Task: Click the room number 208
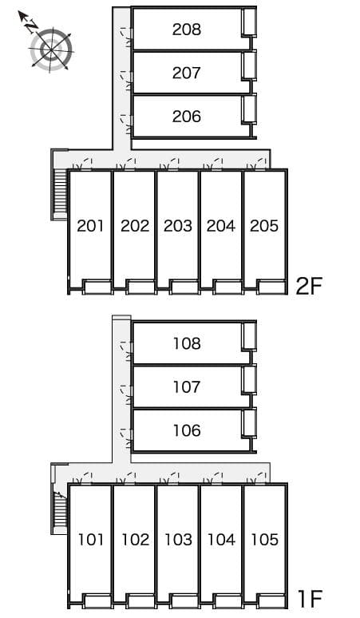[x=186, y=30]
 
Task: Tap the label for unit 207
[x=186, y=73]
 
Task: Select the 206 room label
[x=186, y=117]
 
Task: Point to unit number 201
[x=91, y=226]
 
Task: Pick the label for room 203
[x=177, y=226]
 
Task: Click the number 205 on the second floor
[x=264, y=226]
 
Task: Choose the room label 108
[x=186, y=344]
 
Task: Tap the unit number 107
[x=186, y=387]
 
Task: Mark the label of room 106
[x=186, y=431]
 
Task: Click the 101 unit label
[x=91, y=540]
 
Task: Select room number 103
[x=177, y=540]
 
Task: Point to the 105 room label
[x=264, y=540]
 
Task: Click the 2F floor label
[x=308, y=286]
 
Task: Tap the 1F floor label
[x=310, y=599]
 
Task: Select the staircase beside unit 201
[x=59, y=192]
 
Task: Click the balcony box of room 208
[x=249, y=22]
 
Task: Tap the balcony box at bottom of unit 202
[x=140, y=287]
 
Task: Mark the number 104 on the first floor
[x=221, y=540]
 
